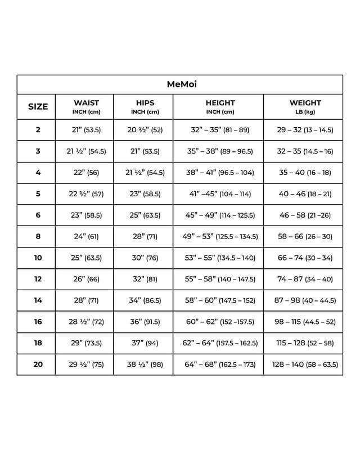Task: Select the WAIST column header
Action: [86, 106]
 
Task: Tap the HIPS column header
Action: [145, 106]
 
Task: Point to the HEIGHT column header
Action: [220, 106]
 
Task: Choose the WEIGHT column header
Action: [305, 106]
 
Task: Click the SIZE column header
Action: [38, 106]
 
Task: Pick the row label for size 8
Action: [38, 236]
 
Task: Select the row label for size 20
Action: [38, 364]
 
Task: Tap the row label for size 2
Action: [38, 130]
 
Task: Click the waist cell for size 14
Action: [86, 300]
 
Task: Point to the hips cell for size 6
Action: [145, 215]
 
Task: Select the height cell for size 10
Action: [220, 258]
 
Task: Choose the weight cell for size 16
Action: [305, 322]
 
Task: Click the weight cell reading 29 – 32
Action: [305, 130]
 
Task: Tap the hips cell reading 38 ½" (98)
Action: [145, 364]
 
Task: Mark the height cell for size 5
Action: [220, 194]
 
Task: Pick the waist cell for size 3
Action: [86, 151]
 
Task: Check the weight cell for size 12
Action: [305, 279]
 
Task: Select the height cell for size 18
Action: [220, 343]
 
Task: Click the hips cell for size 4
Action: [145, 173]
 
